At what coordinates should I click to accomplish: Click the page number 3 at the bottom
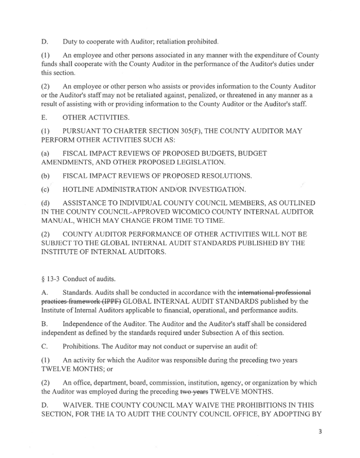pos(320,431)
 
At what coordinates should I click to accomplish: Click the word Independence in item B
pos(85,324)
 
